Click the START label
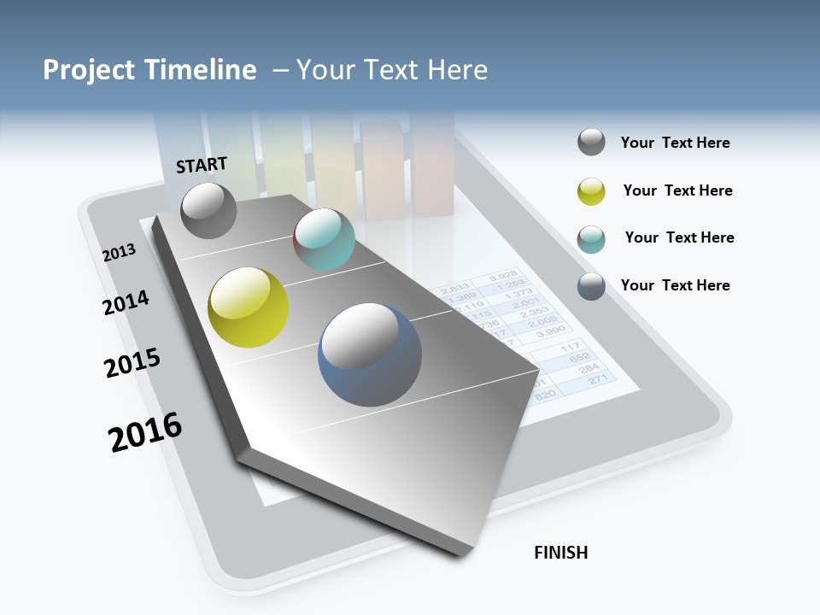(202, 165)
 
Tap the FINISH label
(560, 553)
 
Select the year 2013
(119, 253)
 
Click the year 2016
(145, 431)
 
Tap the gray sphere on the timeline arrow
(208, 210)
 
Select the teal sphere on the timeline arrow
(324, 238)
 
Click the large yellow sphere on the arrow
(248, 307)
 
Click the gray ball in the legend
(591, 143)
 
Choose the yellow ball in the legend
(591, 191)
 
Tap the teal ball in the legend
(591, 239)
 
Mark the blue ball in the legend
(591, 286)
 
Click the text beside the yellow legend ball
(677, 190)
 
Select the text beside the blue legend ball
(675, 285)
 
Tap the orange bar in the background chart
(382, 171)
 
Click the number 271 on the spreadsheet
(598, 379)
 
